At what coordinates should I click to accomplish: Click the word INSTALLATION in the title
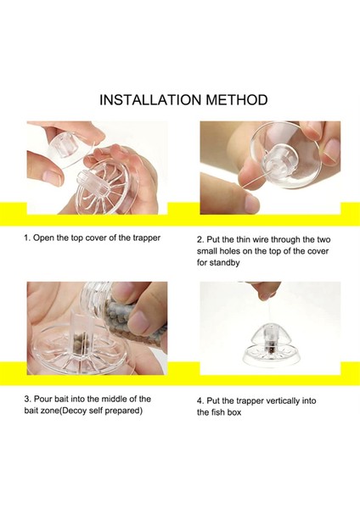pos(151,99)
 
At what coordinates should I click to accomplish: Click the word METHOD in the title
pos(237,99)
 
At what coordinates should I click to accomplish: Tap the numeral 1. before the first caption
pos(27,238)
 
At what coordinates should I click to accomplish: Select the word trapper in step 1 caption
pos(147,238)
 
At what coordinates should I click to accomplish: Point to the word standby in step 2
pos(224,263)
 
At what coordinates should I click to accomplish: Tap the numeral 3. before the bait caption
pos(28,399)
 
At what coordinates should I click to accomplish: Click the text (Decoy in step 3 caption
pos(72,411)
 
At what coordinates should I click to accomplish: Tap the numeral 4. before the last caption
pos(200,401)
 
